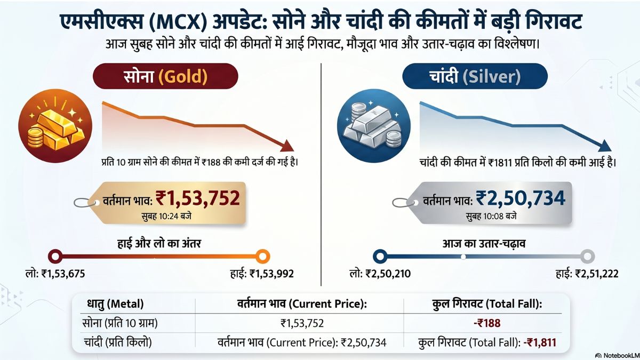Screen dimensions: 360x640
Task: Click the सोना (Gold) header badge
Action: coord(165,76)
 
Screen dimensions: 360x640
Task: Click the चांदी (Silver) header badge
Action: coord(475,76)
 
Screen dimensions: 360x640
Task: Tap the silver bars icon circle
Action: coord(373,126)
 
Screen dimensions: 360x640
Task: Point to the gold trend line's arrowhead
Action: coord(286,145)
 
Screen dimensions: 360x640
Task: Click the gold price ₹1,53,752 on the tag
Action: coord(198,198)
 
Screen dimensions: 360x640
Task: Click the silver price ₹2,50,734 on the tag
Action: coord(521,198)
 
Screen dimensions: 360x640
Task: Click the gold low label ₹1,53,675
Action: coord(55,274)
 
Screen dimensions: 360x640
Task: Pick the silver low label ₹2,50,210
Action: coord(380,274)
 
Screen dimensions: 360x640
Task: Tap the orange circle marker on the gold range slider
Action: coord(262,257)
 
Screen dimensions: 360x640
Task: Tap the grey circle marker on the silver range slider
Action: coord(587,257)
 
